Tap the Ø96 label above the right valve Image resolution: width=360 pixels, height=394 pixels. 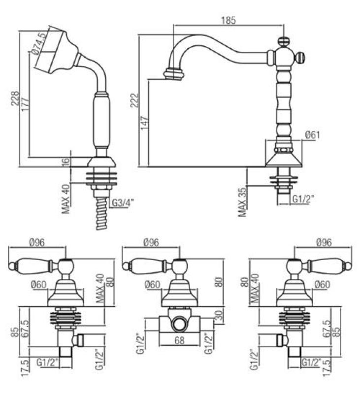324,242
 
